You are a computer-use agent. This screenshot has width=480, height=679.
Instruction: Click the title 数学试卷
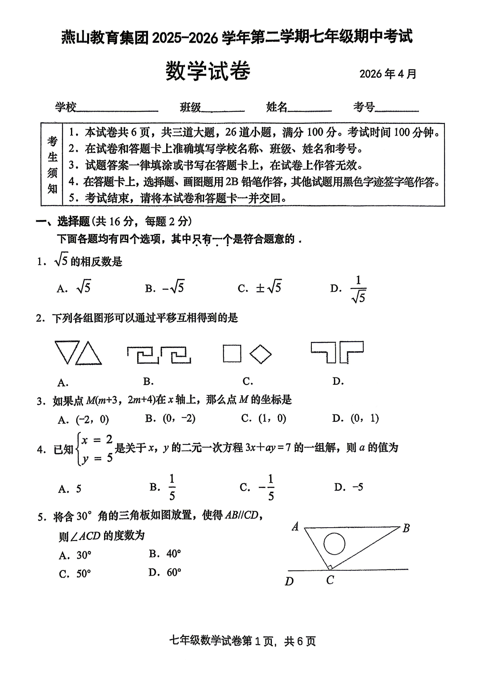208,71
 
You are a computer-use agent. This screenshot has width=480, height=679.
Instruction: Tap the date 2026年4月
388,74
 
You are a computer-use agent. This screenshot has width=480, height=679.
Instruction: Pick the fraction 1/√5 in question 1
358,289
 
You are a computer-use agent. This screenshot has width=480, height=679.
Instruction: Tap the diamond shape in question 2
260,354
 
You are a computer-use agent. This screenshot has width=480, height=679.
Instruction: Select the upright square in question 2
232,354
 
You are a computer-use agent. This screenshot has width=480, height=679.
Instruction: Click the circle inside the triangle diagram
334,543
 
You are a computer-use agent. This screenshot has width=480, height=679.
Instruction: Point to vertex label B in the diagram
406,528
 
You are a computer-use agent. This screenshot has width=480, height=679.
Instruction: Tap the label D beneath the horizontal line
289,581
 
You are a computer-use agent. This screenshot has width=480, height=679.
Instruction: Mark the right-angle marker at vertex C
329,567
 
